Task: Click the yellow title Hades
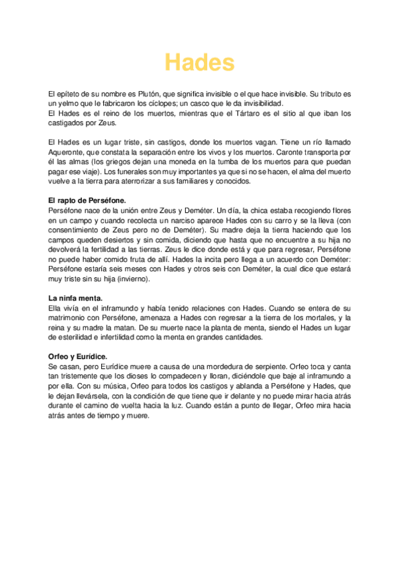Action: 200,63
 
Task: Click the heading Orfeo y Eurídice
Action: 78,357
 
